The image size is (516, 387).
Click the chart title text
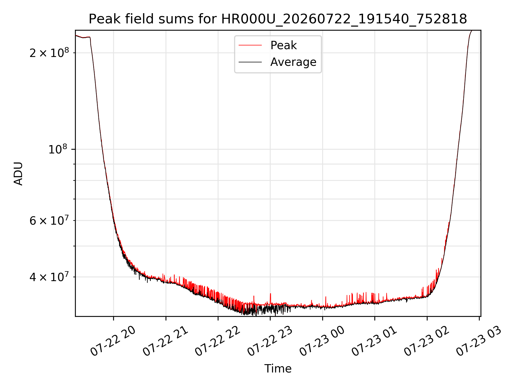pyautogui.click(x=278, y=19)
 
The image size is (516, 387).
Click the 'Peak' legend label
pyautogui.click(x=284, y=45)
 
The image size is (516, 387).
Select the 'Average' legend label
pyautogui.click(x=293, y=62)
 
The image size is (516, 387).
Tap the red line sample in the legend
pyautogui.click(x=250, y=45)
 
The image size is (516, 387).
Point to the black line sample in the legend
pyautogui.click(x=250, y=62)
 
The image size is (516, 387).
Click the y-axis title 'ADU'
pyautogui.click(x=19, y=173)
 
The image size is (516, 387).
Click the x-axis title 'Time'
pyautogui.click(x=278, y=369)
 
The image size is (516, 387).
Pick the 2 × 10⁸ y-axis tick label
pyautogui.click(x=49, y=53)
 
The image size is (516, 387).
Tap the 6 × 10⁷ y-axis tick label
pyautogui.click(x=49, y=220)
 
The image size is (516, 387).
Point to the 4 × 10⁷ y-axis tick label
pyautogui.click(x=49, y=277)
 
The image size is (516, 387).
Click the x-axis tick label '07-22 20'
pyautogui.click(x=113, y=341)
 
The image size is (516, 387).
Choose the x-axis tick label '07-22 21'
pyautogui.click(x=165, y=341)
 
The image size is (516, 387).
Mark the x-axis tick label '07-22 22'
pyautogui.click(x=217, y=341)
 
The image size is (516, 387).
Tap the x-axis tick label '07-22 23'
pyautogui.click(x=270, y=341)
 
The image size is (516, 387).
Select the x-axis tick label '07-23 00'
pyautogui.click(x=322, y=341)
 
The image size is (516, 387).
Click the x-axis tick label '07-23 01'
pyautogui.click(x=374, y=341)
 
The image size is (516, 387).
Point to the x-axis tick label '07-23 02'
pyautogui.click(x=427, y=341)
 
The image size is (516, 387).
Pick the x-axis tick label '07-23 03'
pyautogui.click(x=479, y=341)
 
